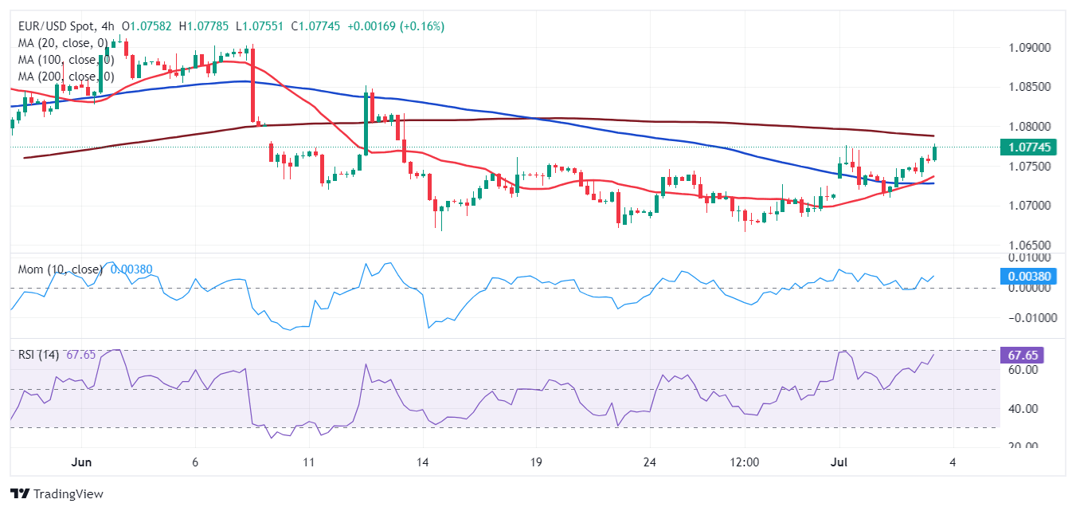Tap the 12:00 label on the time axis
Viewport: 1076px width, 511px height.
coord(745,462)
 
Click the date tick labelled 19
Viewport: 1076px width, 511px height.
coord(535,462)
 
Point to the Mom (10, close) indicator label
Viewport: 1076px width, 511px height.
coord(61,269)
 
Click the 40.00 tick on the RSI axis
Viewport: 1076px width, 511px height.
coord(1023,409)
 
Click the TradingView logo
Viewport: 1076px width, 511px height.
coord(57,494)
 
